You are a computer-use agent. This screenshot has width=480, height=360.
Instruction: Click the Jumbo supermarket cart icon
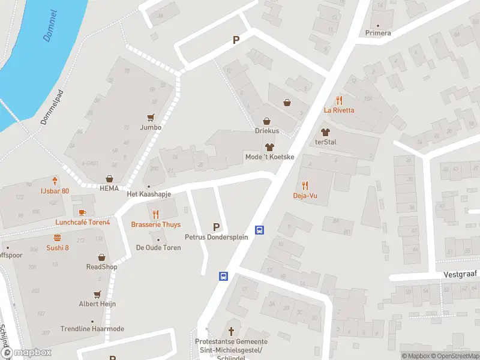[x=151, y=118]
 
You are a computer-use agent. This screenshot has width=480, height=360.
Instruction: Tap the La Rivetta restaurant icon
[x=339, y=100]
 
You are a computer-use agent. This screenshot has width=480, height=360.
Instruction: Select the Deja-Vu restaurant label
[x=305, y=196]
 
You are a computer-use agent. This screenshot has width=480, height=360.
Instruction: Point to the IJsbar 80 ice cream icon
[x=55, y=180]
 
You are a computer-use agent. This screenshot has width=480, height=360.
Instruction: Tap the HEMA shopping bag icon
[x=109, y=179]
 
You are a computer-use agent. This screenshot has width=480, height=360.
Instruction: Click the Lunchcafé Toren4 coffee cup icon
[x=82, y=212]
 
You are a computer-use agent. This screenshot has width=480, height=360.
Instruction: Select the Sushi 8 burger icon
[x=57, y=238]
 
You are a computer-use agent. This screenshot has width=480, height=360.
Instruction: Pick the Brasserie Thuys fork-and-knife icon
[x=155, y=214]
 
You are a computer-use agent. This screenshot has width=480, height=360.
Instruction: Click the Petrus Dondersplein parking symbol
[x=216, y=227]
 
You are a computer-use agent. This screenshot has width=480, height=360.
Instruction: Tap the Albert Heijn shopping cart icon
[x=97, y=295]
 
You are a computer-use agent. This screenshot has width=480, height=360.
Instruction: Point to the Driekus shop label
[x=266, y=131]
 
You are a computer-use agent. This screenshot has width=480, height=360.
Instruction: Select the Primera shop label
[x=378, y=33]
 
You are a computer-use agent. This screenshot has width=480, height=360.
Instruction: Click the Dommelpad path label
[x=52, y=107]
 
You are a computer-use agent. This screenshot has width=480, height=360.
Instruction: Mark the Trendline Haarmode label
[x=92, y=329]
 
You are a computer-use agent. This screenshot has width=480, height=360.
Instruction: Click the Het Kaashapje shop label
[x=149, y=195]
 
